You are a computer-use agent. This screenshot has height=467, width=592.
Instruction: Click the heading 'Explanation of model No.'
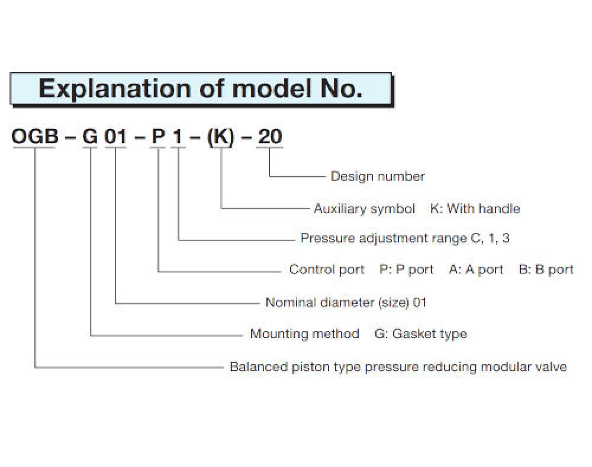coord(201,89)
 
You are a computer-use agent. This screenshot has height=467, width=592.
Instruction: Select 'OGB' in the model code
coord(35,136)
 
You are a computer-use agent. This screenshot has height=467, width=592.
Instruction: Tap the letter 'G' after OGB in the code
coord(90,136)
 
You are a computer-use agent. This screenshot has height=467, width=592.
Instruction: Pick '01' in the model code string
coord(115,136)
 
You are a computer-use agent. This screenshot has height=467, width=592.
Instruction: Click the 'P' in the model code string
coord(158,136)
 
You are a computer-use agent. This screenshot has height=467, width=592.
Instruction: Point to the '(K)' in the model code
coord(221,137)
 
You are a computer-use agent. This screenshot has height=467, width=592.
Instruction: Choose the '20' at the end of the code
coord(269,136)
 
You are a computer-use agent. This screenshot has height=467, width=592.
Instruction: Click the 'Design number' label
coord(378,176)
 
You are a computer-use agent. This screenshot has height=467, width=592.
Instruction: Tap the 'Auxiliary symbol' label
coord(364,209)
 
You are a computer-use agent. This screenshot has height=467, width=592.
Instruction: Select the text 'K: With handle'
coord(475,209)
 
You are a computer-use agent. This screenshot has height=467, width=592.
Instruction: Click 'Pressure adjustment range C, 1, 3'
coord(405,238)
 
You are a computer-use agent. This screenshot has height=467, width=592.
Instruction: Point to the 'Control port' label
coord(327,270)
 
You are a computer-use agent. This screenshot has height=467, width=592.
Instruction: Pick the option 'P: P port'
coord(407,270)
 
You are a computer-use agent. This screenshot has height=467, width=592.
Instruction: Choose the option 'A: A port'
coord(476,270)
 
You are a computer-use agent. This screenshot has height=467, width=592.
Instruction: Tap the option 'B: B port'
coord(546,270)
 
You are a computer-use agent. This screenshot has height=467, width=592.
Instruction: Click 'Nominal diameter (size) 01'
coord(346,302)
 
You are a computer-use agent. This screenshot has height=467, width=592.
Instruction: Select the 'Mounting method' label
coord(305,334)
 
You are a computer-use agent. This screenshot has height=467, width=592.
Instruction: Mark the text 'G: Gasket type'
coord(420,334)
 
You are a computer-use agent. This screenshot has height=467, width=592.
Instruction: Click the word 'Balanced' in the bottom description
coord(259,367)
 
